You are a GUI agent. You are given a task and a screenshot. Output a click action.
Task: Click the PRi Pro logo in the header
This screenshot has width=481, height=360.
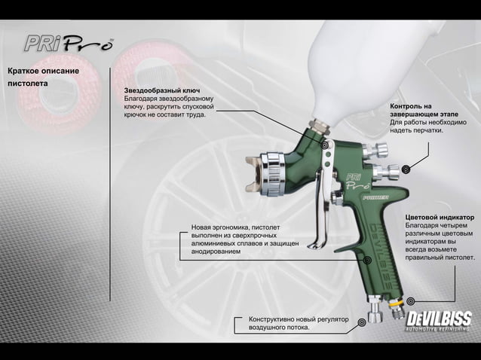(x=68, y=42)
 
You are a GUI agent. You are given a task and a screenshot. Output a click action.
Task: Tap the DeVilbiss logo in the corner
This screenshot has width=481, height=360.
(x=439, y=318)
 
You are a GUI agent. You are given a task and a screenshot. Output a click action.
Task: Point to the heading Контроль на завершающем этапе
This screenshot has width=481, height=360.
(x=412, y=111)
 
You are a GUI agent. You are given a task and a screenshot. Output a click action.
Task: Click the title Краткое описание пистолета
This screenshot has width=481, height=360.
(x=43, y=76)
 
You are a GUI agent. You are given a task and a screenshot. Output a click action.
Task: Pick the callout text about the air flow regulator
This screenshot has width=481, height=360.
(x=299, y=324)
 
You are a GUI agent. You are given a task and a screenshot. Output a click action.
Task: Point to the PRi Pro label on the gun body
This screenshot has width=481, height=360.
(x=357, y=180)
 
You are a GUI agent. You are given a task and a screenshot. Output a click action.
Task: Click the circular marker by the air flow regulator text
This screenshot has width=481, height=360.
(x=362, y=322)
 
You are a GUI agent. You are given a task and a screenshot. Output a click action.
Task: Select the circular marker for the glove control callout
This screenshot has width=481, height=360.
(x=406, y=169)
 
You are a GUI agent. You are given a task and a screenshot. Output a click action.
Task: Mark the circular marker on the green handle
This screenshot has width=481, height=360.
(x=367, y=260)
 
